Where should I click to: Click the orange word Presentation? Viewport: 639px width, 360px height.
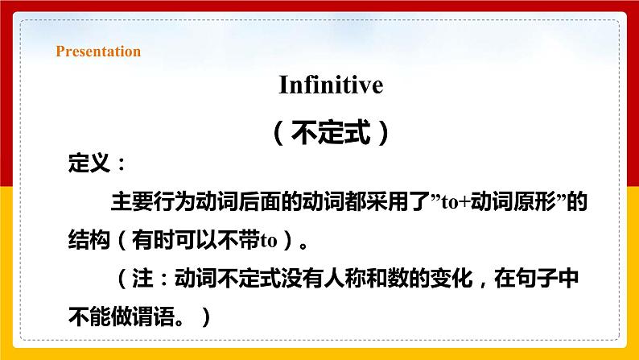click(x=98, y=52)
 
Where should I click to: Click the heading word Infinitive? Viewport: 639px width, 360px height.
click(x=331, y=85)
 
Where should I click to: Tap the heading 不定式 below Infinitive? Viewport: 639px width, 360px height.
click(x=331, y=132)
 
